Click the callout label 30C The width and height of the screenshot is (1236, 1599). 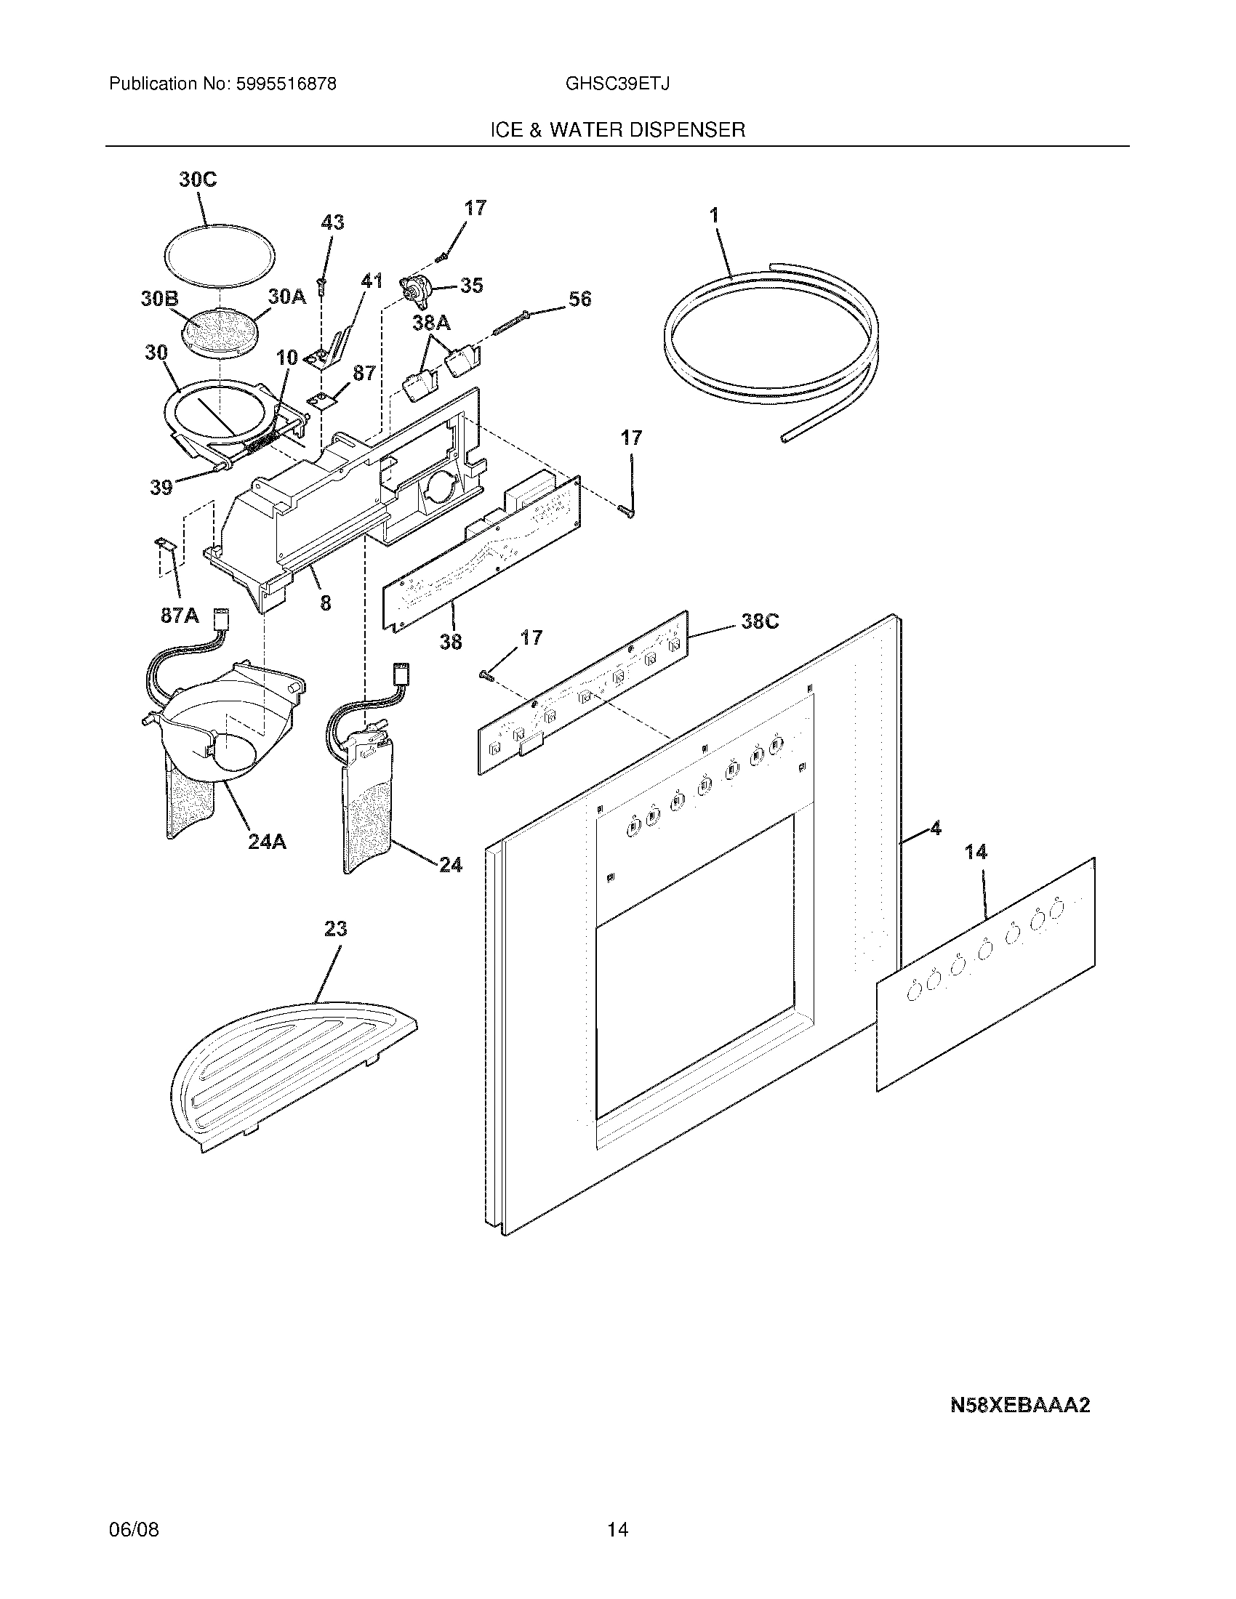pos(198,180)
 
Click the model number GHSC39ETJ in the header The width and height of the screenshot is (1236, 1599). pos(617,84)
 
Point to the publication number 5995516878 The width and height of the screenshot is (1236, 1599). pos(286,84)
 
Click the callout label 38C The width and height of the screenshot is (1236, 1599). pos(759,621)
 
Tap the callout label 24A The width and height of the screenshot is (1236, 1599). pos(267,842)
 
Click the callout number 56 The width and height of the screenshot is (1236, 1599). pos(579,299)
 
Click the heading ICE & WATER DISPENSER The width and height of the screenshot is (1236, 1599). pos(617,130)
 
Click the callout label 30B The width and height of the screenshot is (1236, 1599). pos(160,299)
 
